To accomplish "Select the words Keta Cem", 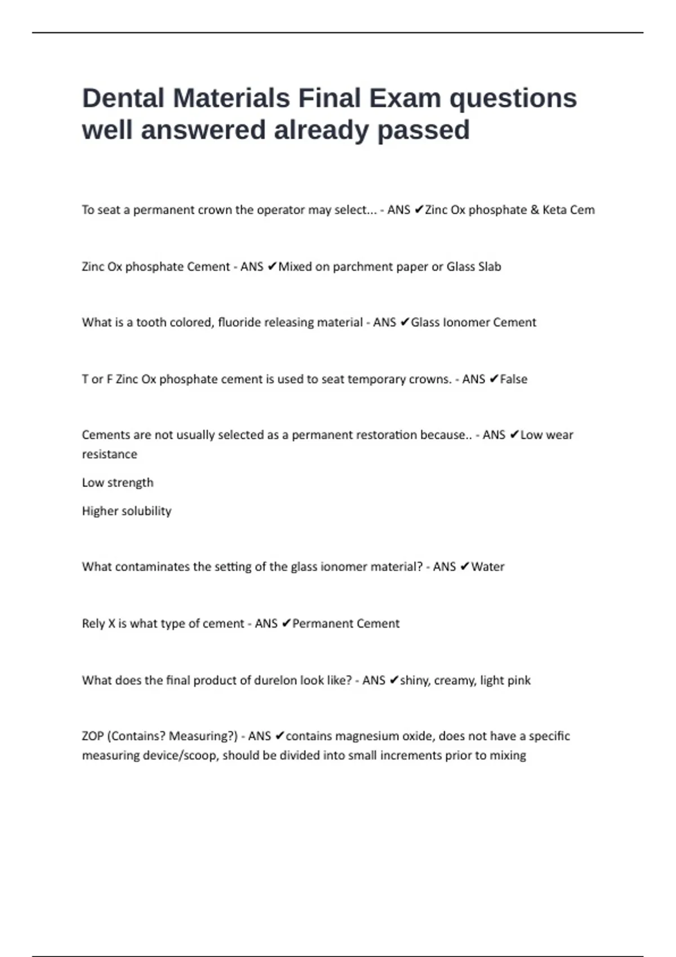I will tap(568, 210).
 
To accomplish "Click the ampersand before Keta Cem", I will tap(535, 210).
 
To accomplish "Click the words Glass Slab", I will tap(473, 267).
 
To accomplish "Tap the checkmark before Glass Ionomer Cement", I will tap(404, 323).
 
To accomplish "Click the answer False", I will tap(513, 379).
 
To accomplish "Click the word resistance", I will tap(109, 454).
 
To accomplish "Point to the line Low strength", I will tap(117, 483).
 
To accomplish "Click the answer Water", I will tap(487, 567).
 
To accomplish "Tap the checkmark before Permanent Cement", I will tap(286, 624).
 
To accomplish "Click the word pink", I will tap(518, 681).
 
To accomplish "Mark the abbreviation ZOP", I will tap(92, 736).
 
